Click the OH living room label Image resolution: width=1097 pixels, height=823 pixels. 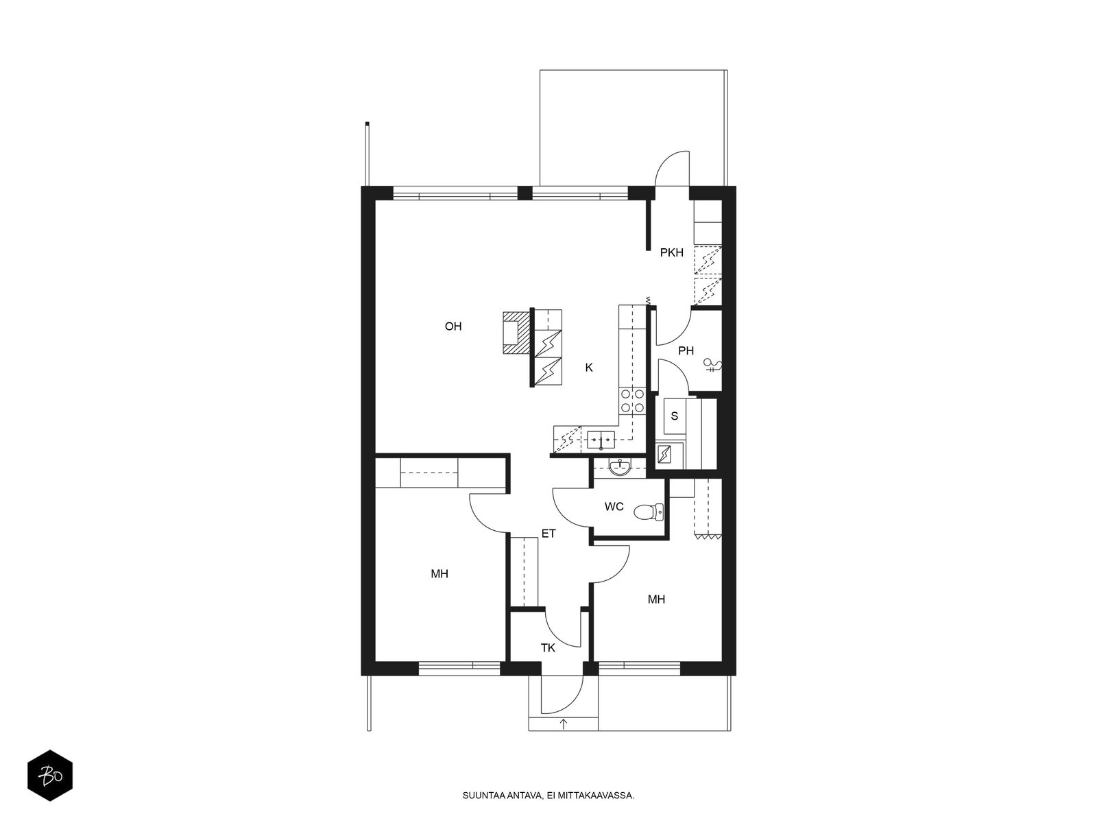click(x=453, y=327)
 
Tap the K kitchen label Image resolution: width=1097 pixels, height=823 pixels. click(x=589, y=368)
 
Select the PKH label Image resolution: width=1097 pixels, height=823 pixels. click(x=671, y=253)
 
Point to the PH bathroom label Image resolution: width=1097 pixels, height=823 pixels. click(x=686, y=351)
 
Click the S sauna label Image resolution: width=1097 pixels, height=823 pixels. click(x=674, y=416)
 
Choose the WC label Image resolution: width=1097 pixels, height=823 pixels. click(x=614, y=507)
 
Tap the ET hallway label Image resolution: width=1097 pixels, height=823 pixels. click(x=548, y=534)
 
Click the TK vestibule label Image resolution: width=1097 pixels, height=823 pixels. click(x=548, y=648)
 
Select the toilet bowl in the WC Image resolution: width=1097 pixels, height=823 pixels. click(x=649, y=511)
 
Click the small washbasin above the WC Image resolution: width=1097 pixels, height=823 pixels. click(x=620, y=467)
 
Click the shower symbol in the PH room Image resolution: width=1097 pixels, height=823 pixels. click(x=712, y=365)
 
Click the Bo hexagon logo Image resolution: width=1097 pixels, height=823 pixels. click(x=50, y=776)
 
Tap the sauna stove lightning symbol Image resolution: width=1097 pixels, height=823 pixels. click(x=664, y=454)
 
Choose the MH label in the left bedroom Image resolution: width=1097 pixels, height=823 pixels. click(x=439, y=574)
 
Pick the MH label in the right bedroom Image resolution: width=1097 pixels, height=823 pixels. click(x=656, y=599)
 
